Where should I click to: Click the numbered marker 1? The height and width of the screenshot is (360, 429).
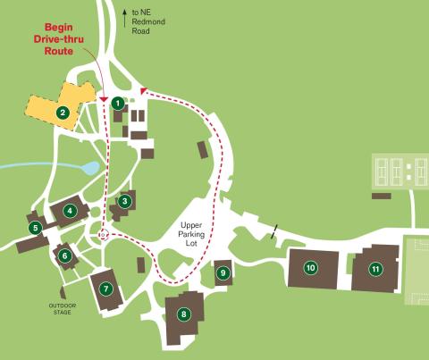click(x=117, y=103)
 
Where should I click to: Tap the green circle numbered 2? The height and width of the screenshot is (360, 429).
click(x=63, y=113)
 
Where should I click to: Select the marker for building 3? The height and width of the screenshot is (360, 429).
click(x=125, y=201)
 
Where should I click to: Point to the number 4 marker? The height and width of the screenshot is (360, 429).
click(x=69, y=211)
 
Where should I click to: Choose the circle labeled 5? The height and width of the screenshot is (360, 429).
click(x=36, y=228)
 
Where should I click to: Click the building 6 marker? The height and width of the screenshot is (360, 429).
click(x=64, y=255)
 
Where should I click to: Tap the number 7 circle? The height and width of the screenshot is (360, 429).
click(x=105, y=289)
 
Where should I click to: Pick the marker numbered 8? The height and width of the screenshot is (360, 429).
click(x=184, y=314)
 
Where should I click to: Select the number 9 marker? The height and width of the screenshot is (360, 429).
click(x=222, y=273)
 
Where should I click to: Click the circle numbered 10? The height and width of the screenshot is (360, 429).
click(x=311, y=267)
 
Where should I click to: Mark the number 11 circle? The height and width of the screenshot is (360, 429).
click(x=375, y=268)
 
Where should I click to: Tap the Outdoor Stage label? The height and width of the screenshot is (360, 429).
click(x=62, y=309)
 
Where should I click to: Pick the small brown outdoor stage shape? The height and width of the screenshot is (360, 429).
click(x=62, y=292)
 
